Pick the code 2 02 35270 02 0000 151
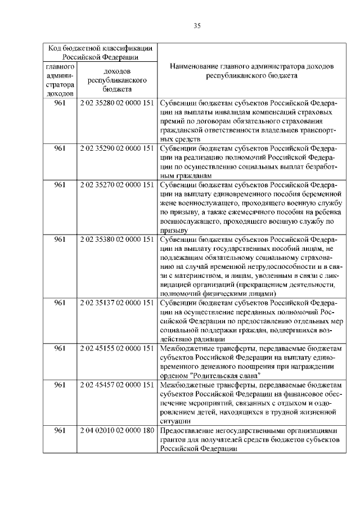point(117,184)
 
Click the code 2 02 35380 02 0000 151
point(117,239)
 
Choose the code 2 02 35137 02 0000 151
point(117,303)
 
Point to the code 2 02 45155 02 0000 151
point(117,348)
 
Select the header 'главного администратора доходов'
point(60,80)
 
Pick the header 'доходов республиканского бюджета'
point(117,80)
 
